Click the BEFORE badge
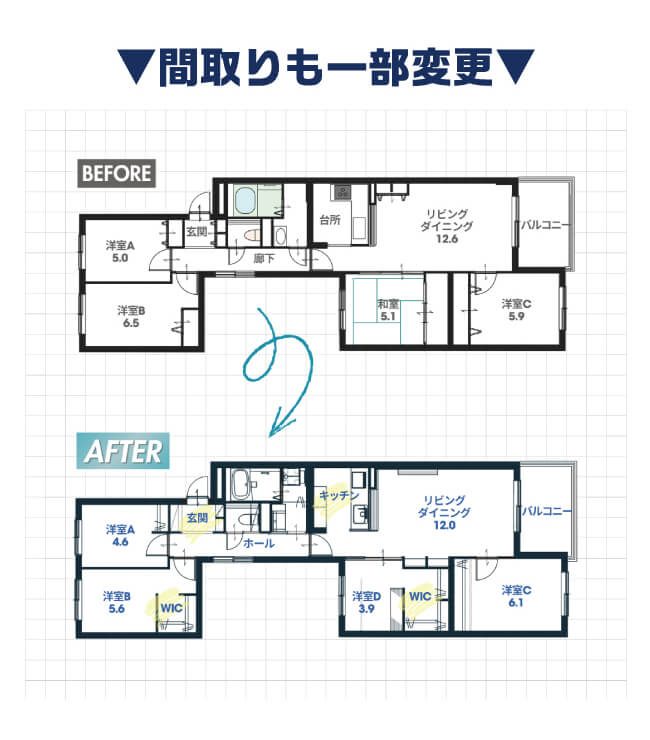coord(117,173)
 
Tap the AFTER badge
coord(123,451)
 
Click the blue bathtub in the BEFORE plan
coord(245,200)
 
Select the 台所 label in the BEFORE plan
coord(330,219)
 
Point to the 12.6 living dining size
coord(447,239)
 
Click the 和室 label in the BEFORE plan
coord(388,304)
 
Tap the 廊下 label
coord(264,258)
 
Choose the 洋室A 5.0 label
coord(120,252)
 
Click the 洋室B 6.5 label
coord(131,317)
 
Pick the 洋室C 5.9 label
coord(516,310)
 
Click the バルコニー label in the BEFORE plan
coord(545,225)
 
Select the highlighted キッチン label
coord(339,495)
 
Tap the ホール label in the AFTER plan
coord(259,543)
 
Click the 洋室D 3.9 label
coord(366,603)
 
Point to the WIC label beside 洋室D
coord(420,597)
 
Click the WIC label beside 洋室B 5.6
coord(171,608)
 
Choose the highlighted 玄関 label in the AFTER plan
coord(197,518)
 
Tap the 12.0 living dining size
coord(444,525)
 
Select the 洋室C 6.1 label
coord(516,596)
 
